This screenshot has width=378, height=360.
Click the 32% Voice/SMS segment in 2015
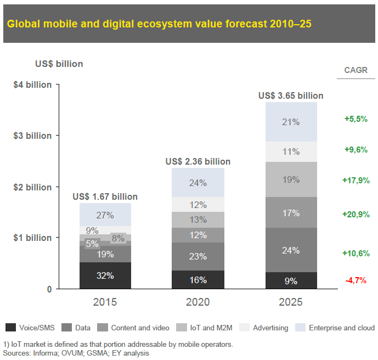[x=105, y=275]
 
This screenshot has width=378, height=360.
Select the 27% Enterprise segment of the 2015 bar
[x=105, y=215]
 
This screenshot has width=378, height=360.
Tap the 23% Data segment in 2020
[x=198, y=256]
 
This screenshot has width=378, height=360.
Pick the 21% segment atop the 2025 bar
[x=291, y=122]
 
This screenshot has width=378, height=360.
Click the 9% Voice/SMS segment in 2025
[x=291, y=280]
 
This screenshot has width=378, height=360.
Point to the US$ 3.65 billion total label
[x=291, y=95]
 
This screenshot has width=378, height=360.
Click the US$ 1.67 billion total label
[x=105, y=196]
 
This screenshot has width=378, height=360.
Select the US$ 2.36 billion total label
[x=198, y=161]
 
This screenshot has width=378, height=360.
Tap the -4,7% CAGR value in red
[x=357, y=281]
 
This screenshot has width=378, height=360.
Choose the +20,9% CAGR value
[x=357, y=214]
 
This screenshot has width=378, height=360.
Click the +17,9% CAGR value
[x=357, y=179]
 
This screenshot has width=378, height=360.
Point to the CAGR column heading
[x=356, y=70]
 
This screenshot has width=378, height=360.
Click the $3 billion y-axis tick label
[x=32, y=136]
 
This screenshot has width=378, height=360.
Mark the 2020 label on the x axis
[x=198, y=302]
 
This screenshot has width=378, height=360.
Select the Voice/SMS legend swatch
[x=10, y=328]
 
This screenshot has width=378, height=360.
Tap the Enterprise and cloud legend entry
[x=335, y=328]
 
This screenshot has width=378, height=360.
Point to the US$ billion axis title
[x=59, y=64]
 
